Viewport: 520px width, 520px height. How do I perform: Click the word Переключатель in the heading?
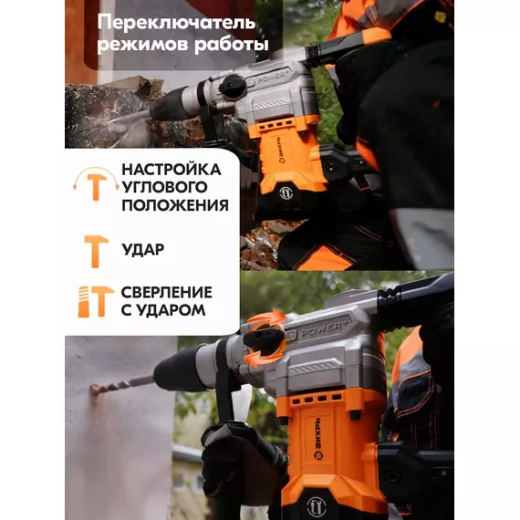click(x=176, y=23)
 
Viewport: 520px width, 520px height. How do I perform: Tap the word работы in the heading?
click(x=231, y=45)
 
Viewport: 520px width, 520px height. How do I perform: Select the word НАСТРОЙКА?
click(x=172, y=170)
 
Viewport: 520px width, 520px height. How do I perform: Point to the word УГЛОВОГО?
click(x=164, y=187)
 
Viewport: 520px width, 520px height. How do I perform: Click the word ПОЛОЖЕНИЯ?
click(x=175, y=205)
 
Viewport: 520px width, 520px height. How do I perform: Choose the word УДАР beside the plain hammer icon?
click(x=142, y=249)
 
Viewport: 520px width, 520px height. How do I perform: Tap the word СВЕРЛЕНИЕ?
click(x=166, y=293)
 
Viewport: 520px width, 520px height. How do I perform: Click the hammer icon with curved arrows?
click(x=96, y=184)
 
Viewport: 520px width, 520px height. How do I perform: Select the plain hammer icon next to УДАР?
click(x=96, y=252)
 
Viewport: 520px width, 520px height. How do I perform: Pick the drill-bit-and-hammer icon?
click(x=96, y=301)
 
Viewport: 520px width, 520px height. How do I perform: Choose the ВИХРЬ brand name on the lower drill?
click(x=318, y=439)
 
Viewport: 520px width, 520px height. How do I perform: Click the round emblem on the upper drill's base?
click(x=286, y=192)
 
